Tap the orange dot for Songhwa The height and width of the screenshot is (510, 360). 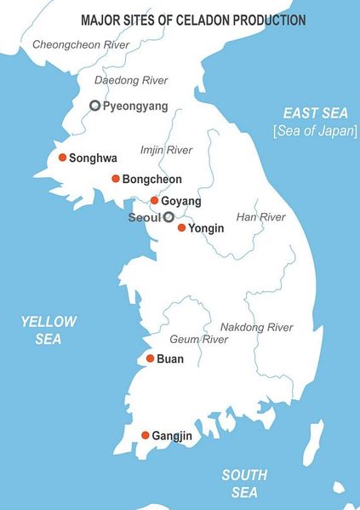62,157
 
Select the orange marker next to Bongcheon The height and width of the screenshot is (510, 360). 116,179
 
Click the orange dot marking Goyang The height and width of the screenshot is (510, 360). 154,201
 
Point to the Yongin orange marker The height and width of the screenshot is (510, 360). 181,227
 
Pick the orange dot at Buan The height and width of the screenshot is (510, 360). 150,358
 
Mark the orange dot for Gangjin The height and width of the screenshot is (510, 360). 146,435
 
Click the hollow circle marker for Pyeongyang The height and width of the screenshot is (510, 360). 94,106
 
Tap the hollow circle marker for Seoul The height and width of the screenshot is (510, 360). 169,217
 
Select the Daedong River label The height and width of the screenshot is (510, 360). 130,80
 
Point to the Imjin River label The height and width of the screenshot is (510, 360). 166,150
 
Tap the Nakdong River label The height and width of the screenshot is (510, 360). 256,327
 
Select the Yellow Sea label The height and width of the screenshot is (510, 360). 49,330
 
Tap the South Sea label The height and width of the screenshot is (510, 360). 244,483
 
